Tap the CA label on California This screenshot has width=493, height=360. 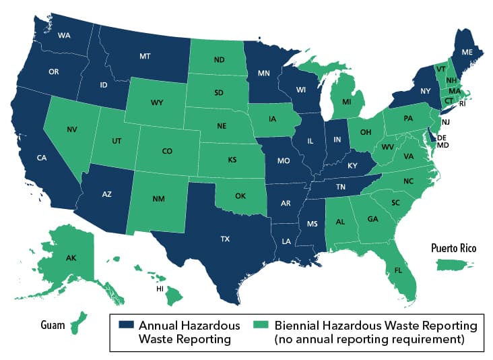(41, 158)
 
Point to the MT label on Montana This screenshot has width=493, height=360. (144, 57)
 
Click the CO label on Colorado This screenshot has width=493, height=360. (167, 152)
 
